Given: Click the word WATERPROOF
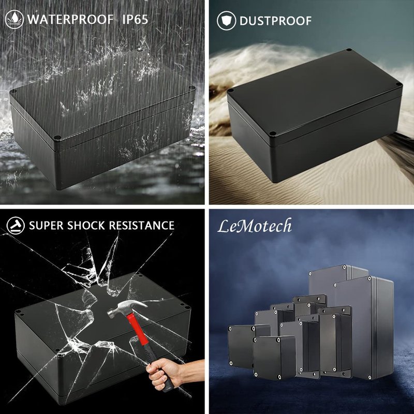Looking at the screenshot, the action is click(x=70, y=20).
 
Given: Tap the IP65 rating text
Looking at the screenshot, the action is click(x=135, y=20).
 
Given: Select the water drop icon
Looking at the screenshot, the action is click(x=14, y=19).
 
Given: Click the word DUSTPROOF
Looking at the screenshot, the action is click(x=275, y=21).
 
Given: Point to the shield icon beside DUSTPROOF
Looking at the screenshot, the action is click(x=226, y=21).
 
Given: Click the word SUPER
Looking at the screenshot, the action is click(x=46, y=226).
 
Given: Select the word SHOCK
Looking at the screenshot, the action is click(x=86, y=226).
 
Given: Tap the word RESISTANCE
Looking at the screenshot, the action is click(x=141, y=226).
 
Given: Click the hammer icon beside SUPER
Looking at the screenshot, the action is click(x=16, y=226).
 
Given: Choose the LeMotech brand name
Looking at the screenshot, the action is click(x=255, y=226).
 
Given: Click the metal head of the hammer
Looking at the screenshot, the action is click(x=127, y=308).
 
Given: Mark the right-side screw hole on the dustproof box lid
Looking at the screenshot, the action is click(x=398, y=84).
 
